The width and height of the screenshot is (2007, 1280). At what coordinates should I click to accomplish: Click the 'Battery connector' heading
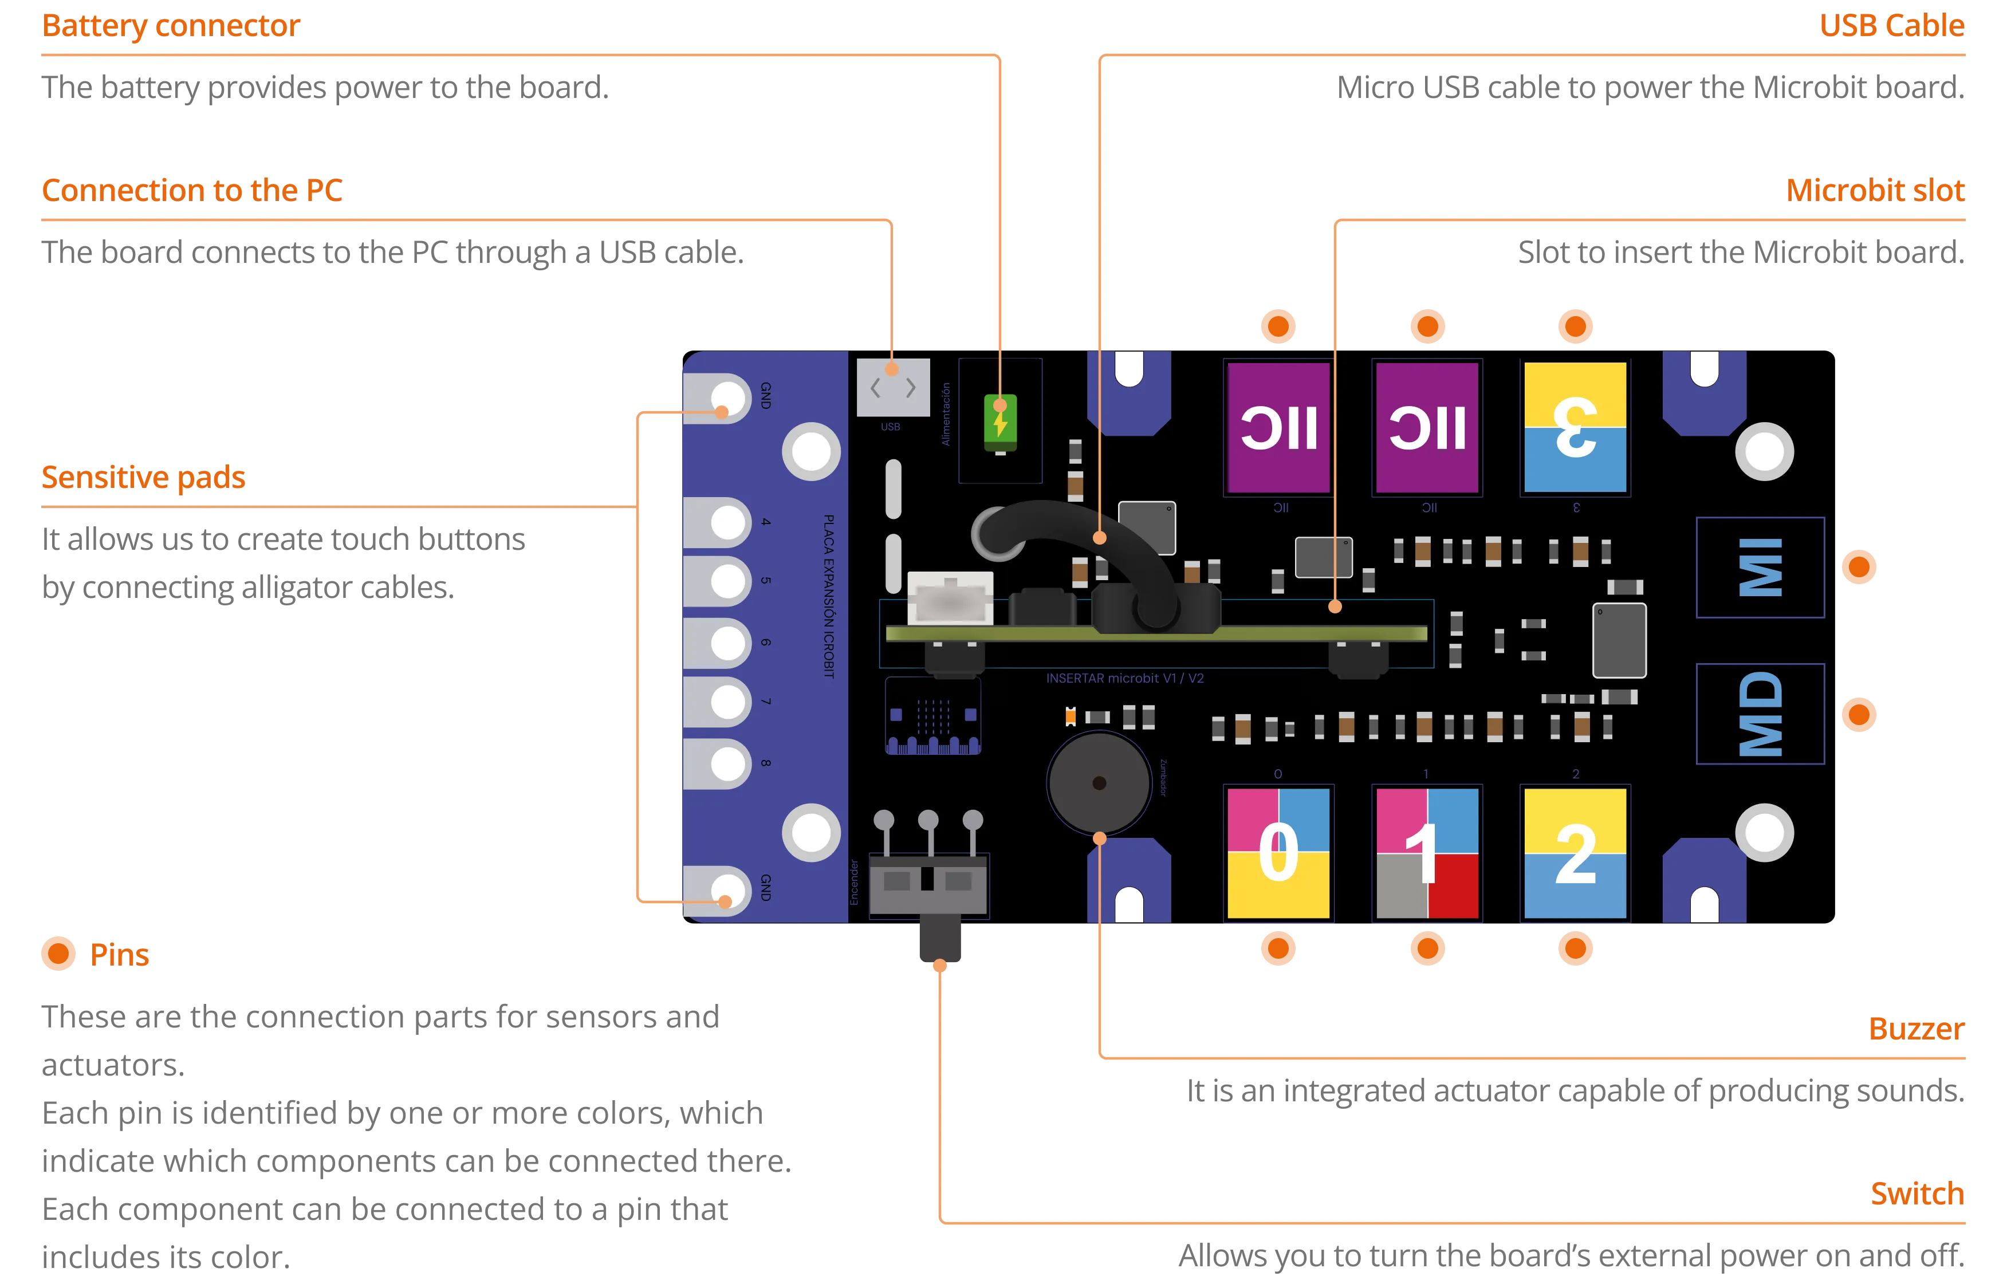click(x=171, y=26)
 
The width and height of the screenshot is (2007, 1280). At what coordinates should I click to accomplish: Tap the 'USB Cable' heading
click(x=1890, y=25)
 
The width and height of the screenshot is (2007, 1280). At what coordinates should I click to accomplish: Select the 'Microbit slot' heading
click(x=1875, y=191)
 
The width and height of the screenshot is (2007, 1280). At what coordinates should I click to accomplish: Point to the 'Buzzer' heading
click(x=1916, y=1029)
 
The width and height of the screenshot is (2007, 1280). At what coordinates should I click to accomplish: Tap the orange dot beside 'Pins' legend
click(x=59, y=954)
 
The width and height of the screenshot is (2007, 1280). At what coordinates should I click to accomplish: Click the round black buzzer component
click(x=1099, y=783)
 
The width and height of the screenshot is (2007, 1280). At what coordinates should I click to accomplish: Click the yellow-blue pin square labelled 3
click(x=1575, y=427)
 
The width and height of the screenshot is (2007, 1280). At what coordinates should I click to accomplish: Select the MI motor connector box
click(x=1760, y=568)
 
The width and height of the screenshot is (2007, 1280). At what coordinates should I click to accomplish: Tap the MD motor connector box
click(x=1760, y=714)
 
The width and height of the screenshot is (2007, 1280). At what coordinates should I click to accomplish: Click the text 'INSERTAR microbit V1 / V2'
click(x=1124, y=678)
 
